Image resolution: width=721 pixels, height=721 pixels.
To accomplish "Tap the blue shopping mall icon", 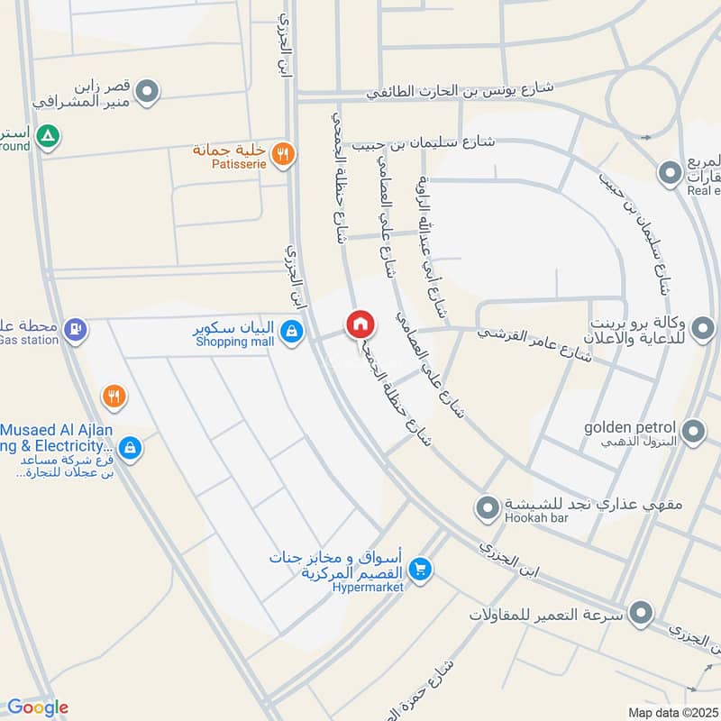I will [x=290, y=333].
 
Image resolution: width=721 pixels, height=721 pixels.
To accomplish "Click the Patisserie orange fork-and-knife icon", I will [x=283, y=154].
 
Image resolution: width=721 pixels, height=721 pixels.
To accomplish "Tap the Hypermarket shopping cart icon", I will [x=419, y=570].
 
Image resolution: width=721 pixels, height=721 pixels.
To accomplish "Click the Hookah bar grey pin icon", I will [x=488, y=510].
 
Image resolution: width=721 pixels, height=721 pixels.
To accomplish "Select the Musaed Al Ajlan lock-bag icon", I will [x=130, y=447].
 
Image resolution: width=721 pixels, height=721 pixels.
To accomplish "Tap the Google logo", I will [x=38, y=707].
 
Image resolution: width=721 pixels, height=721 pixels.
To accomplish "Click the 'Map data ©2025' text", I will [x=673, y=712].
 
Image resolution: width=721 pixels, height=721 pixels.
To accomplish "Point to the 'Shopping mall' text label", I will [x=233, y=342].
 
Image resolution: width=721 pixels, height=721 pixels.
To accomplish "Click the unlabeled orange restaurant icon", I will [x=113, y=395].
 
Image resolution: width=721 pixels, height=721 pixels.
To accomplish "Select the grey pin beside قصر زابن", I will [x=149, y=90].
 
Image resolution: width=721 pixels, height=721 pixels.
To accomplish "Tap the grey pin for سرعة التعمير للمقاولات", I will [x=642, y=614].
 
